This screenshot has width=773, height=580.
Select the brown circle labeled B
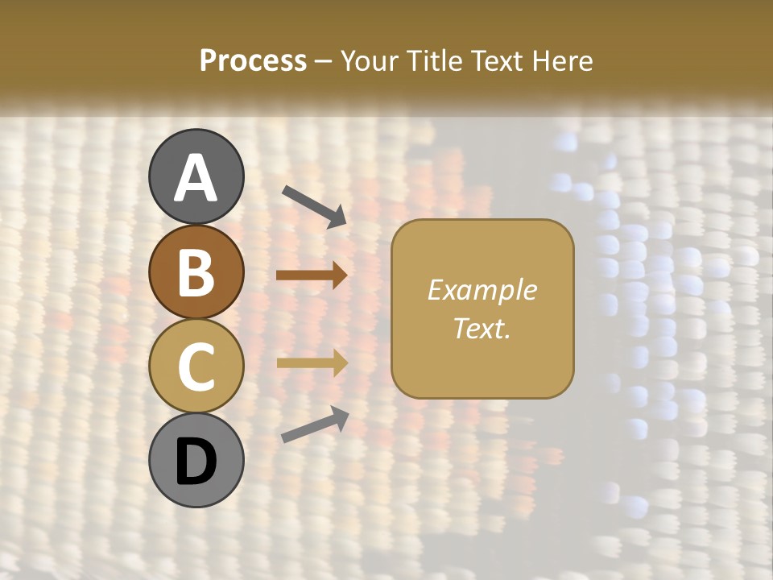coord(196,271)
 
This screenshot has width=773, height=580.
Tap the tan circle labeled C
coord(196,366)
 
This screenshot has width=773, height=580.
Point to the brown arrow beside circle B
coord(312,275)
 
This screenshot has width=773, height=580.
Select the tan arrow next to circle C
coord(312,363)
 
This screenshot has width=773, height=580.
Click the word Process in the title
coord(253,60)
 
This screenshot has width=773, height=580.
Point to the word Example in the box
coord(482,290)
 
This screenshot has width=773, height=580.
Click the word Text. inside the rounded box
coord(482,328)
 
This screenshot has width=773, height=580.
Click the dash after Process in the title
coord(323,61)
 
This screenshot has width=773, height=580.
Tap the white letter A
coord(196,177)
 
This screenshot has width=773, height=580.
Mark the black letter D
coord(196,462)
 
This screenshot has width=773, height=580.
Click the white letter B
coord(196,272)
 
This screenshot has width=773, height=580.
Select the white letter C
coord(196,367)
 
